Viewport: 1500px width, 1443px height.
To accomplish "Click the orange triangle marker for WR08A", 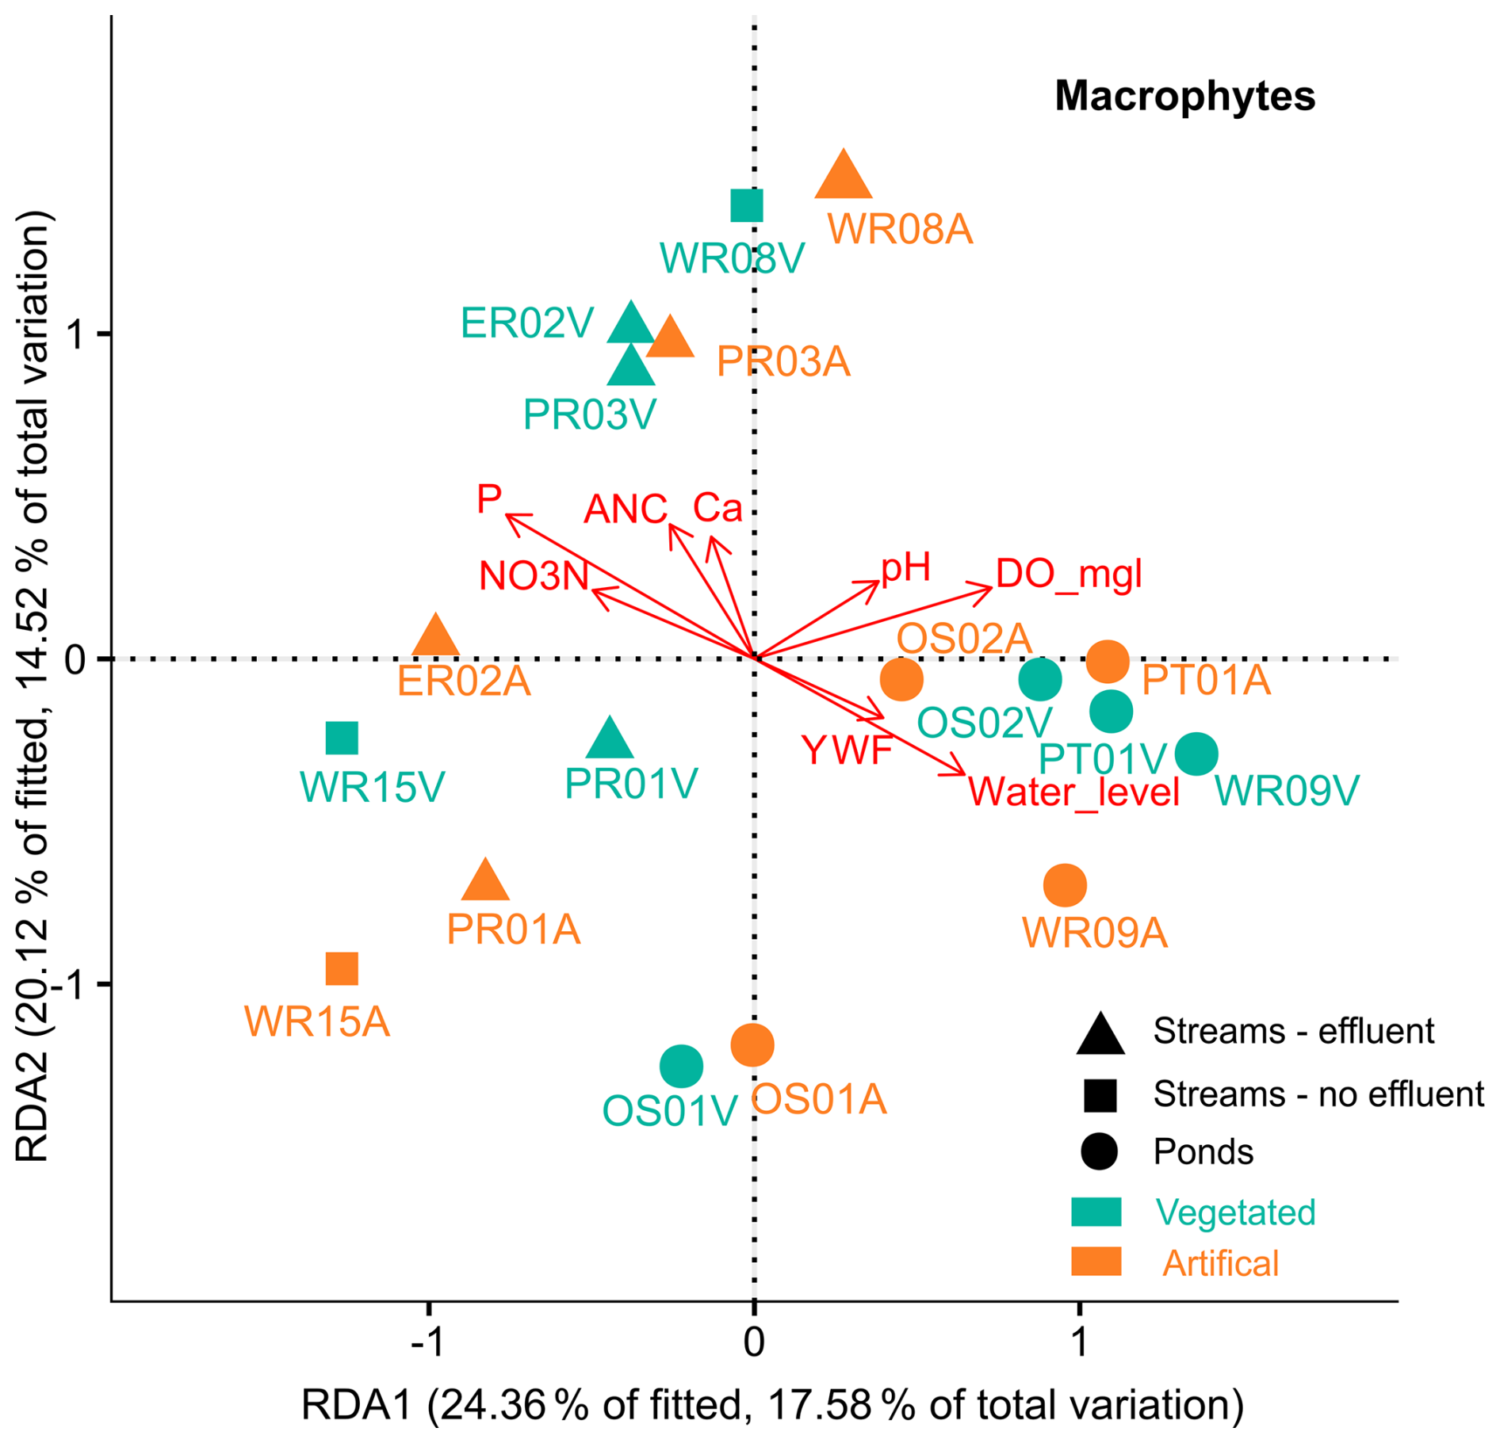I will coord(844,176).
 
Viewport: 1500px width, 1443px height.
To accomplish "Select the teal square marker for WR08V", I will coord(747,206).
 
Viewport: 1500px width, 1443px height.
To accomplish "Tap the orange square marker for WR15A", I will coord(342,968).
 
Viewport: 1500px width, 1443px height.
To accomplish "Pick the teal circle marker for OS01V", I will coord(681,1066).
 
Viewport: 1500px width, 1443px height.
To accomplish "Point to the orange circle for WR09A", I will coord(1065,885).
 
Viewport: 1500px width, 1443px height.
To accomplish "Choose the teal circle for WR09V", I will coord(1196,754).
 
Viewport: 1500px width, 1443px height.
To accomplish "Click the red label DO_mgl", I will coord(1069,573).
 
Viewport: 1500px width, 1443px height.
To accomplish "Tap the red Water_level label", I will coord(1074,792).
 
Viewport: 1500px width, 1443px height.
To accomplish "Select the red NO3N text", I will coord(534,576).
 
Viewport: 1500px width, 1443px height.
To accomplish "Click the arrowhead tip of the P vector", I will coord(507,515).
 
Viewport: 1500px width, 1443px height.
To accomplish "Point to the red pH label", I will coord(905,567).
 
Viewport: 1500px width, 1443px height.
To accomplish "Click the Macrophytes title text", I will coord(1184,97).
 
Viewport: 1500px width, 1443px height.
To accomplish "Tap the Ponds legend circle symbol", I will coord(1099,1151).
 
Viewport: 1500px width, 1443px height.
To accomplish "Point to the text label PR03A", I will coord(783,362).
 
